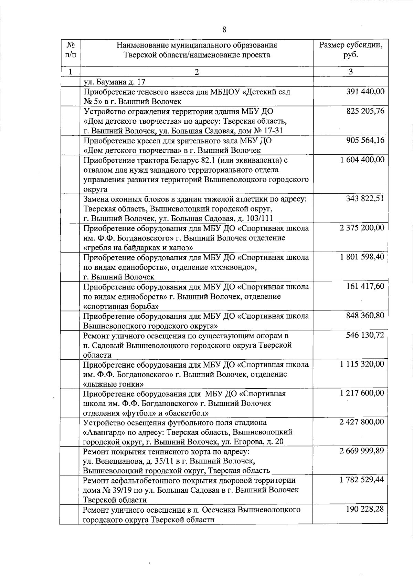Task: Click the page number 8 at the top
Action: [x=224, y=30]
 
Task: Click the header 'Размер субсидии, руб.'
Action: [x=350, y=50]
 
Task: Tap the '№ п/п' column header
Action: [x=70, y=50]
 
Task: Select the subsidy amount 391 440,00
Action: [x=365, y=92]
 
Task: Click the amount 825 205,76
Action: [x=365, y=111]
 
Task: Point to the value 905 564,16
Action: [x=365, y=141]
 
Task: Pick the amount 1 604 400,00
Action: [x=362, y=160]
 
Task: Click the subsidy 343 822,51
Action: [x=365, y=199]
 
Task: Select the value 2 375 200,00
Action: [x=362, y=228]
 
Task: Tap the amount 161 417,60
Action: [x=365, y=286]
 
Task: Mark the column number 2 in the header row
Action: [x=197, y=72]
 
